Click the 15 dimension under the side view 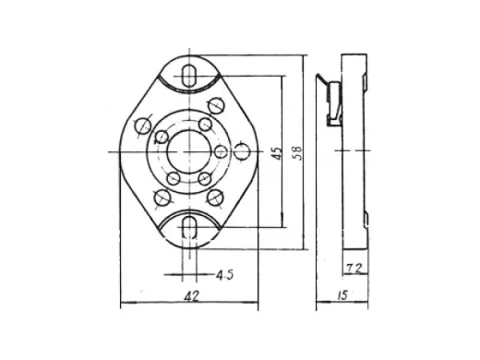[342, 296]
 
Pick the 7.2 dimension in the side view [355, 266]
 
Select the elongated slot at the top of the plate [190, 73]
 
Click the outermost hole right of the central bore [242, 151]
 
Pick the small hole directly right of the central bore [220, 151]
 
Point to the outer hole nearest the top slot [214, 105]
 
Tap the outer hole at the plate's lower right [214, 196]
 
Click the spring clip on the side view [331, 99]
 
